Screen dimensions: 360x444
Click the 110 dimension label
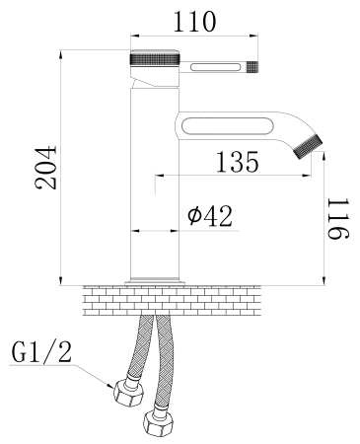194,22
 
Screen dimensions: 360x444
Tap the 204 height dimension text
46,168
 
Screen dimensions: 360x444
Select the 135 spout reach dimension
238,162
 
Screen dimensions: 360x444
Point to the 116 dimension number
337,218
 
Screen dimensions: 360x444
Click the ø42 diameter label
210,216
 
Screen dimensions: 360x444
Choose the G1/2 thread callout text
41,352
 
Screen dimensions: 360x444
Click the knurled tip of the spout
309,146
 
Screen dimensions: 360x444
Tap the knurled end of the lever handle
252,67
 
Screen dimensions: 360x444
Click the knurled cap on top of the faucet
155,58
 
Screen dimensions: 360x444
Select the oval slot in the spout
227,126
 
